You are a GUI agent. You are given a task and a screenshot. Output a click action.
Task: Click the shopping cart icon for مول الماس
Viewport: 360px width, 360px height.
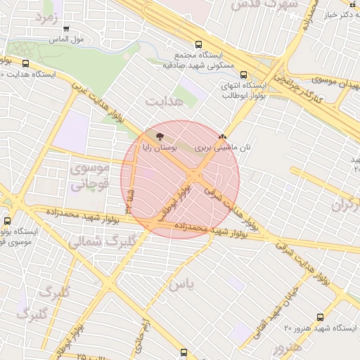[x=65, y=30]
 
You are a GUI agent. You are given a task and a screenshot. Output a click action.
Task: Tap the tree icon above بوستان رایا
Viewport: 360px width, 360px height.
[x=161, y=136]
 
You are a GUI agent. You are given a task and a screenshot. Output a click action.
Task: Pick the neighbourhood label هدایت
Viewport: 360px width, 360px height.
[x=163, y=103]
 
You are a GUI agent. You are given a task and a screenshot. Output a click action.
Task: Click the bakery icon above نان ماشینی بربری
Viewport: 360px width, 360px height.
[x=223, y=136]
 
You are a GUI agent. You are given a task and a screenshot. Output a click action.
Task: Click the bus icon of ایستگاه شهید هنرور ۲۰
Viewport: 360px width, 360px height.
[x=321, y=318]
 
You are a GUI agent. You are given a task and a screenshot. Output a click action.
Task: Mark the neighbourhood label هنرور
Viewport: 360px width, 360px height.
[x=288, y=347]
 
